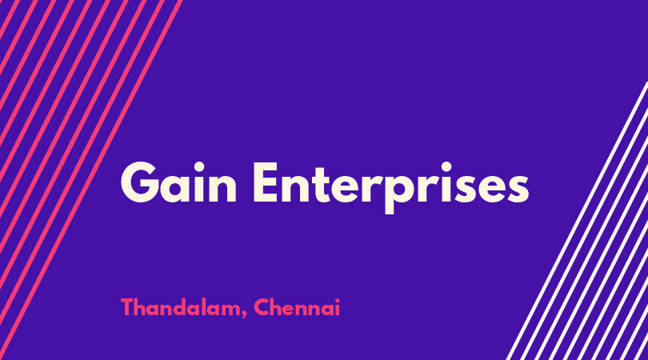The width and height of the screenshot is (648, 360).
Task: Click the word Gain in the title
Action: coord(178,182)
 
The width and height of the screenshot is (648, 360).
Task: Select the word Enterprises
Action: coord(391,187)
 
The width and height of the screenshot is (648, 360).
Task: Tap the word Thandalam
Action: coord(181,307)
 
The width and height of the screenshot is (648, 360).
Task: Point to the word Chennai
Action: coord(297,307)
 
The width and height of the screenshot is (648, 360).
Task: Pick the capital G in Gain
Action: coord(140,182)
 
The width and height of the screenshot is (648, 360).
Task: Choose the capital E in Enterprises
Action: coord(266,182)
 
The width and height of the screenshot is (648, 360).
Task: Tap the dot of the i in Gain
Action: coord(198,167)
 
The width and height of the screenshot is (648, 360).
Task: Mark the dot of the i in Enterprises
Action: coord(446,167)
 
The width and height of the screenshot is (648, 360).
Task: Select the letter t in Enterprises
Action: coord(321,186)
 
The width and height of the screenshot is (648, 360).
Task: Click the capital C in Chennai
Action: coord(262,307)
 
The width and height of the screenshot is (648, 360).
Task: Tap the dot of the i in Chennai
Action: coord(338,301)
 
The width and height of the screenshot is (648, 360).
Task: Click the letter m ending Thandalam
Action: coord(230,310)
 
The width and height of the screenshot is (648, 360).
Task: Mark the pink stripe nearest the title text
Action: coord(90,180)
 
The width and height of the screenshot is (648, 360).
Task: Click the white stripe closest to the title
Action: coord(578,221)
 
